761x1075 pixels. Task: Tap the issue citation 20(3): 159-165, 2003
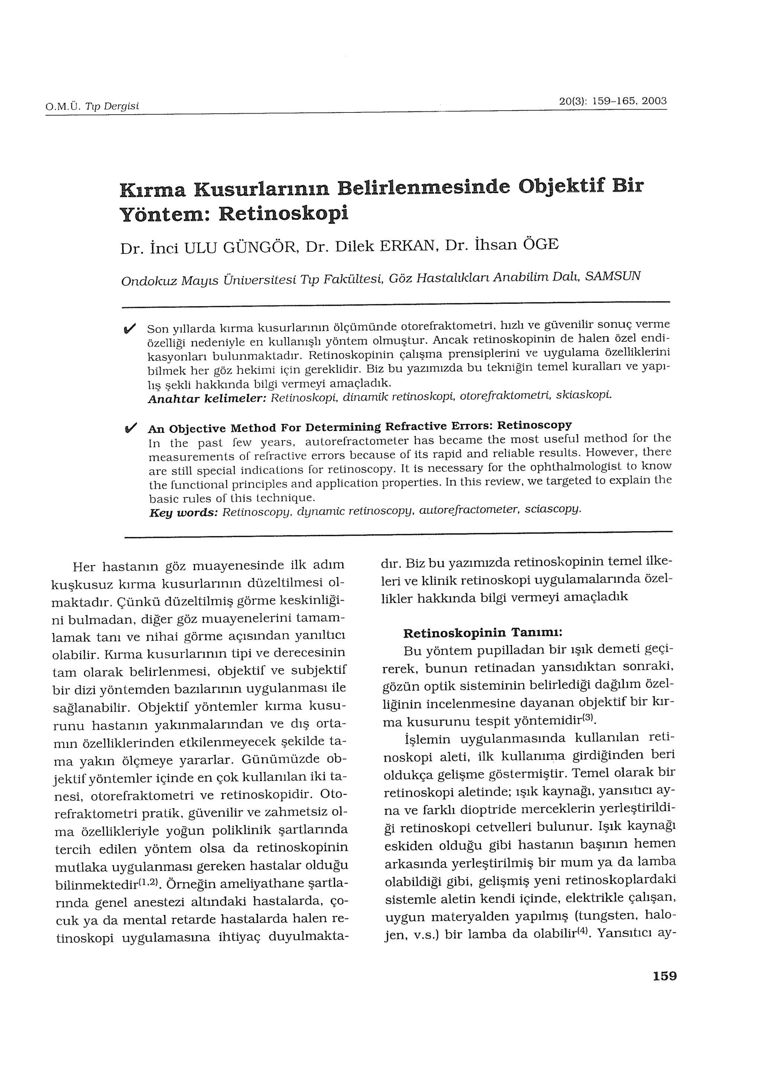[x=613, y=101]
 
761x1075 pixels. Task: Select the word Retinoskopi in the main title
[x=284, y=213]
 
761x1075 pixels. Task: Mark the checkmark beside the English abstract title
[x=131, y=428]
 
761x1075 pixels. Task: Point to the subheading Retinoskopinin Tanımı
[x=482, y=633]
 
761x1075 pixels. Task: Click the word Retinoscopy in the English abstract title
[x=534, y=425]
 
